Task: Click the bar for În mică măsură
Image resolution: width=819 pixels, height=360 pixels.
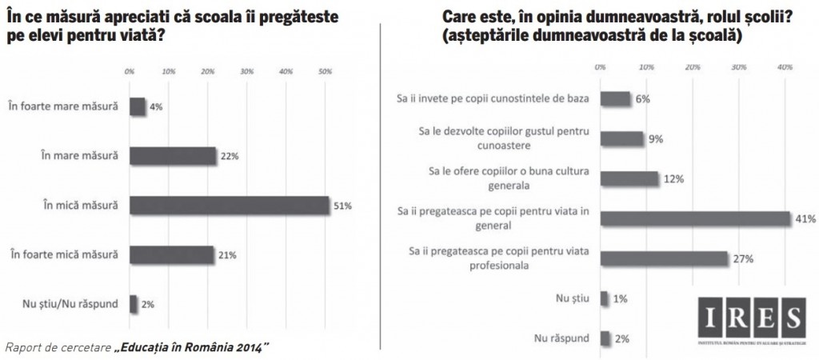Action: coord(228,205)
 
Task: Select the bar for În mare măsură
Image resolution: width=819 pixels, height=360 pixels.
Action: coord(172,155)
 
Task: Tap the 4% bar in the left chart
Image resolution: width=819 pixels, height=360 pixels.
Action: coord(137,106)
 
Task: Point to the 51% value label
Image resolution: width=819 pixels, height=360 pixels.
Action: coord(342,206)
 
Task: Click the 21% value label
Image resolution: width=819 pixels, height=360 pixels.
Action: coord(229,254)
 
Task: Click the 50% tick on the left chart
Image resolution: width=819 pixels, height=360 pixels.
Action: coord(326,72)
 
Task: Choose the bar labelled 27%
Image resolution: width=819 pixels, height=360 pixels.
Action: coord(664,258)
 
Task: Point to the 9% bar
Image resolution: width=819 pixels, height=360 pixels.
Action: coord(621,139)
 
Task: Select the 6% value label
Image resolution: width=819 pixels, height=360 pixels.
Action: coord(643,99)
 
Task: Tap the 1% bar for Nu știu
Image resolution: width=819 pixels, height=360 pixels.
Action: coord(603,298)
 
